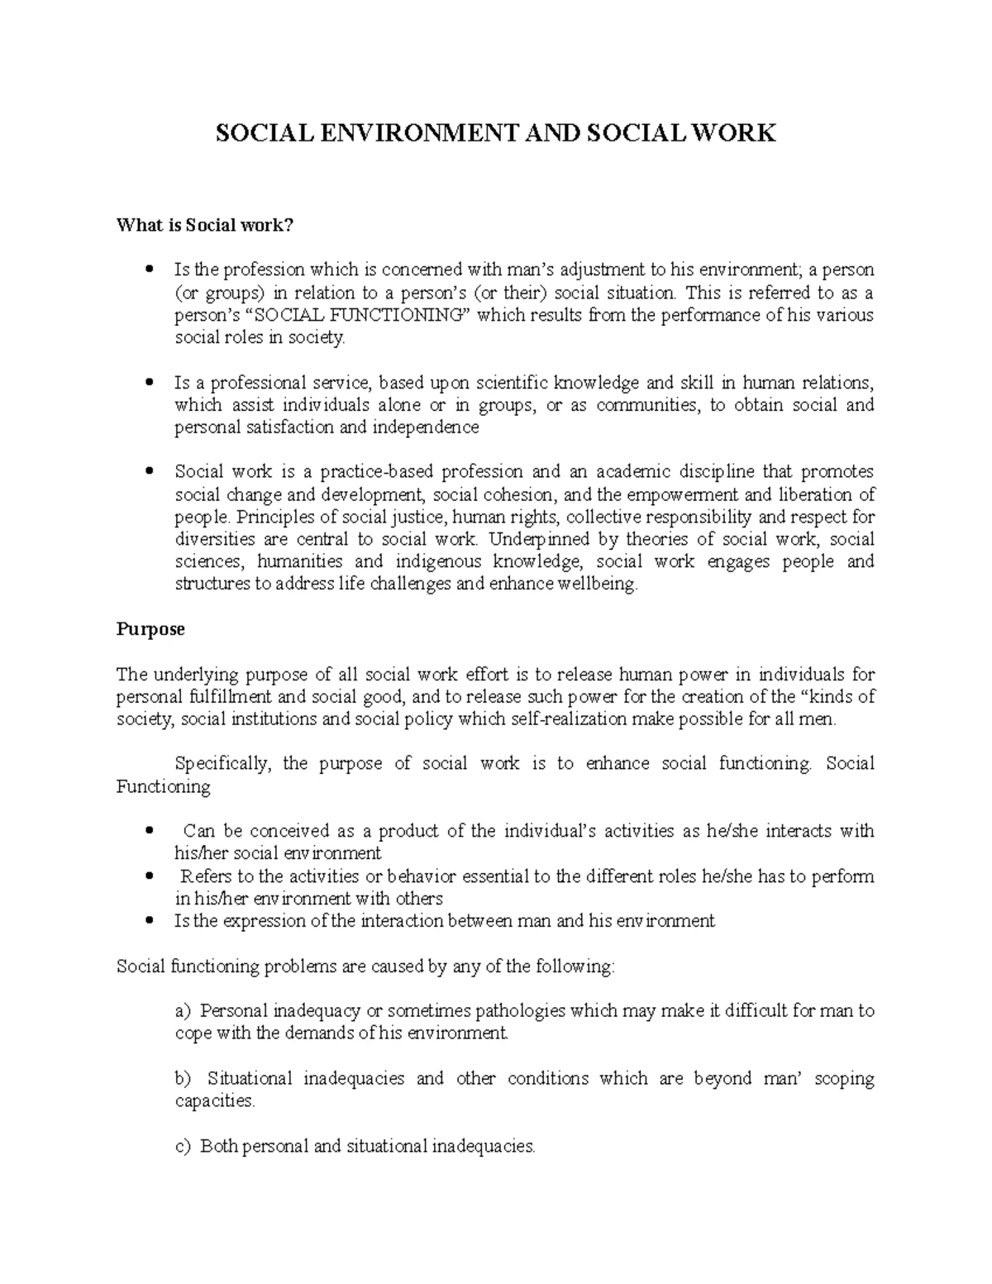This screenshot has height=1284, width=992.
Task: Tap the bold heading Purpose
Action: tap(150, 629)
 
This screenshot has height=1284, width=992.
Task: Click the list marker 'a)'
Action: tap(183, 1010)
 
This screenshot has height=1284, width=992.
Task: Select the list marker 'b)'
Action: tap(183, 1078)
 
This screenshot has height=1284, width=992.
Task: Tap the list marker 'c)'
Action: tap(183, 1146)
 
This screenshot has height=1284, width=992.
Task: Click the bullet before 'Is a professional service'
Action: tap(149, 383)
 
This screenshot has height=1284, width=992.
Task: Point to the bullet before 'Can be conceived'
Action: tap(149, 831)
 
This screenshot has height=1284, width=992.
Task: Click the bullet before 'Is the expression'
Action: tap(149, 921)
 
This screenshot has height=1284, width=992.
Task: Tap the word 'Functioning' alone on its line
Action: tap(164, 786)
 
